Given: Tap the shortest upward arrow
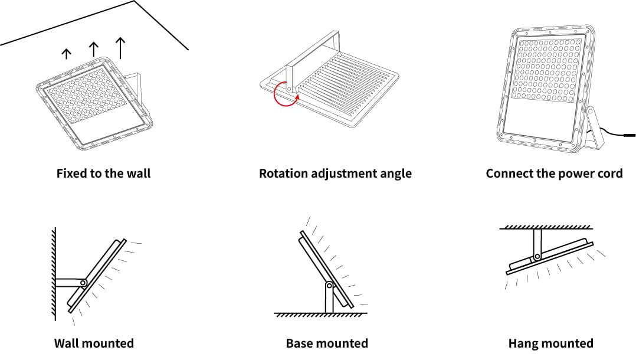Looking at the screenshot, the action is point(66,54).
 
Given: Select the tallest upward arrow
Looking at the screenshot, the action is point(120,48).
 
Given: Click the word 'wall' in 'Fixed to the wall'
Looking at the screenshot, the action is point(139,174).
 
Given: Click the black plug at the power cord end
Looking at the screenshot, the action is point(630,135).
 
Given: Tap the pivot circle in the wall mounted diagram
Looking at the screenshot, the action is point(83,283).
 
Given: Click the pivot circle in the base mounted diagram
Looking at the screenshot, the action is point(329,286).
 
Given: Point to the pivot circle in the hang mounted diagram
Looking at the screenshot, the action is point(537,257).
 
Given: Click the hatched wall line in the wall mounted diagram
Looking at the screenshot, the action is point(54,274).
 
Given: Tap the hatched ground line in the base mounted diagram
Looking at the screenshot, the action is point(320,315).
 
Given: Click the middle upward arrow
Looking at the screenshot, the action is point(94,50).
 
